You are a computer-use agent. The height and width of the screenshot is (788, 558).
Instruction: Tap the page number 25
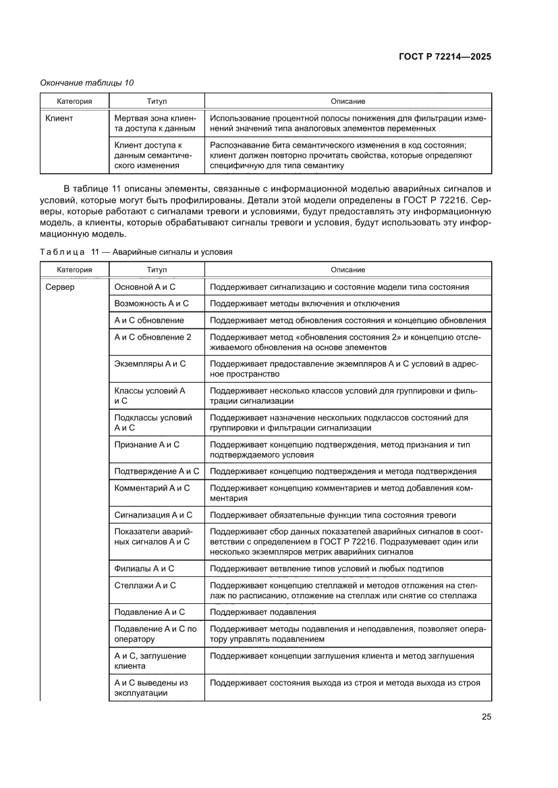(486, 717)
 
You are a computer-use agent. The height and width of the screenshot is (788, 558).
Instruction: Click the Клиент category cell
(59, 118)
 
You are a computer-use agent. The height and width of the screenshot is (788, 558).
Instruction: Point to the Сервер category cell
(60, 286)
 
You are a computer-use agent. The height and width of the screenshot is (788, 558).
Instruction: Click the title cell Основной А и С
(145, 286)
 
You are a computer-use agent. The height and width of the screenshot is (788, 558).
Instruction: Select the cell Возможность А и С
(151, 303)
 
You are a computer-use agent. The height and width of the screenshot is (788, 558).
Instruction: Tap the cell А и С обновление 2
(153, 336)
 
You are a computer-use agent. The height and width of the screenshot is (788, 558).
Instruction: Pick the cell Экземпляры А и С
(150, 363)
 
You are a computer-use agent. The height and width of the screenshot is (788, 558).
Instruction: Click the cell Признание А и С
(147, 444)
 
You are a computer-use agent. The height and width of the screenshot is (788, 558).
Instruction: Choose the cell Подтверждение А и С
(157, 471)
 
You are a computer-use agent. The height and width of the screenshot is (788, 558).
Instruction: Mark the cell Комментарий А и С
(152, 487)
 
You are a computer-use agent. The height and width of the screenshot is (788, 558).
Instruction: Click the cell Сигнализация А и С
(153, 515)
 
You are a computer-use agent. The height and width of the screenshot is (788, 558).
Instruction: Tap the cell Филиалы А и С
(144, 568)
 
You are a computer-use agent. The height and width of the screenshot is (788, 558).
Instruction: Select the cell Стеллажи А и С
(145, 585)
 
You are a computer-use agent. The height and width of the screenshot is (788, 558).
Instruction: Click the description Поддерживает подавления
(262, 612)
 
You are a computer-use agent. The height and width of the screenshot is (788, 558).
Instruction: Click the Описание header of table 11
(347, 270)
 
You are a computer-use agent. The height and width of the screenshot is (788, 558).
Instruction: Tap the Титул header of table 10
(157, 101)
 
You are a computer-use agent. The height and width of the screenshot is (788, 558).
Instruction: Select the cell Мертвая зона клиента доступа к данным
(155, 123)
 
